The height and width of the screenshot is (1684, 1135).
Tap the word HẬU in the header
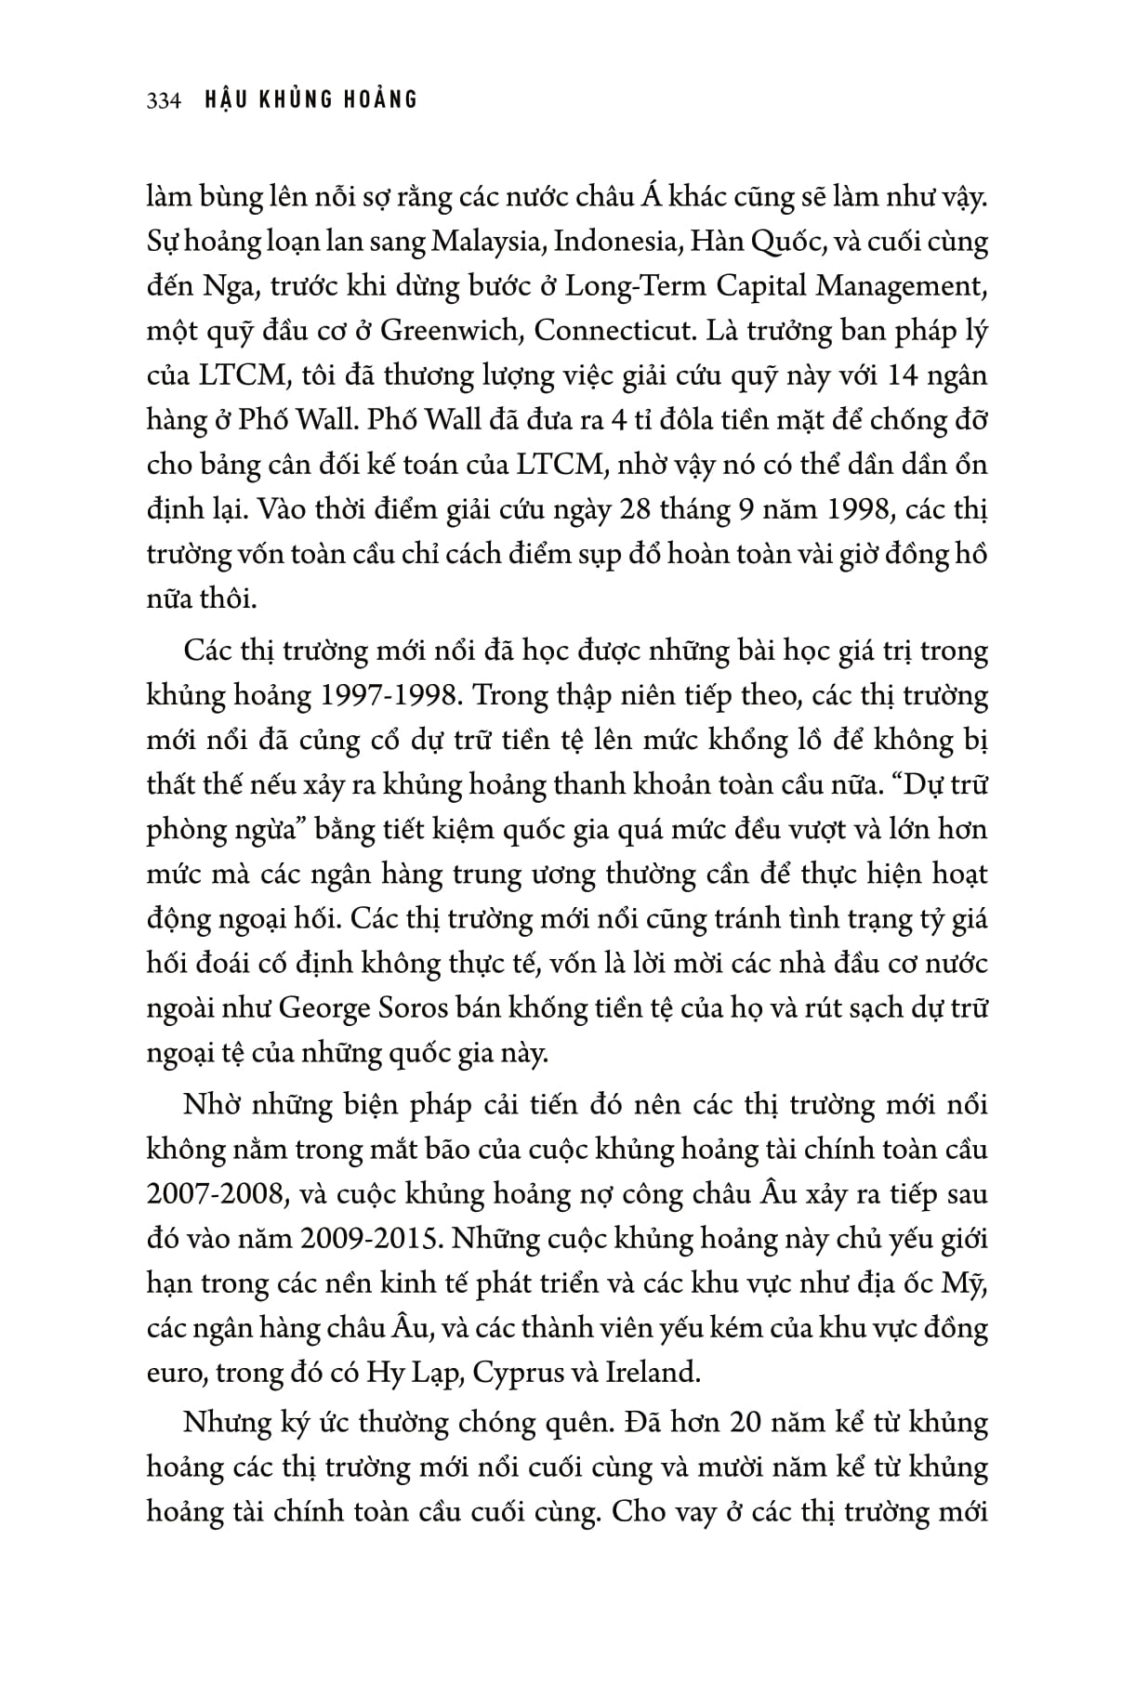pos(229,99)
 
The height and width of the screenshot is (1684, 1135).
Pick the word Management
pos(901,286)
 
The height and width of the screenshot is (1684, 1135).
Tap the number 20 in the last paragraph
pos(751,1424)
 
